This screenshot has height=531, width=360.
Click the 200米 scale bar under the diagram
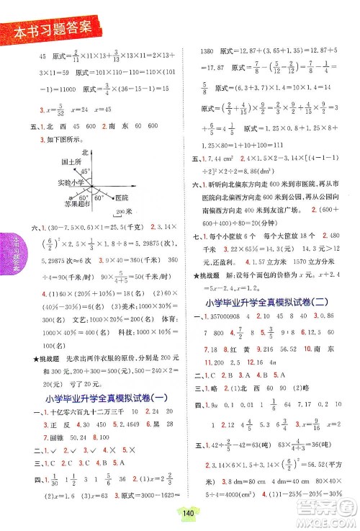(124, 214)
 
